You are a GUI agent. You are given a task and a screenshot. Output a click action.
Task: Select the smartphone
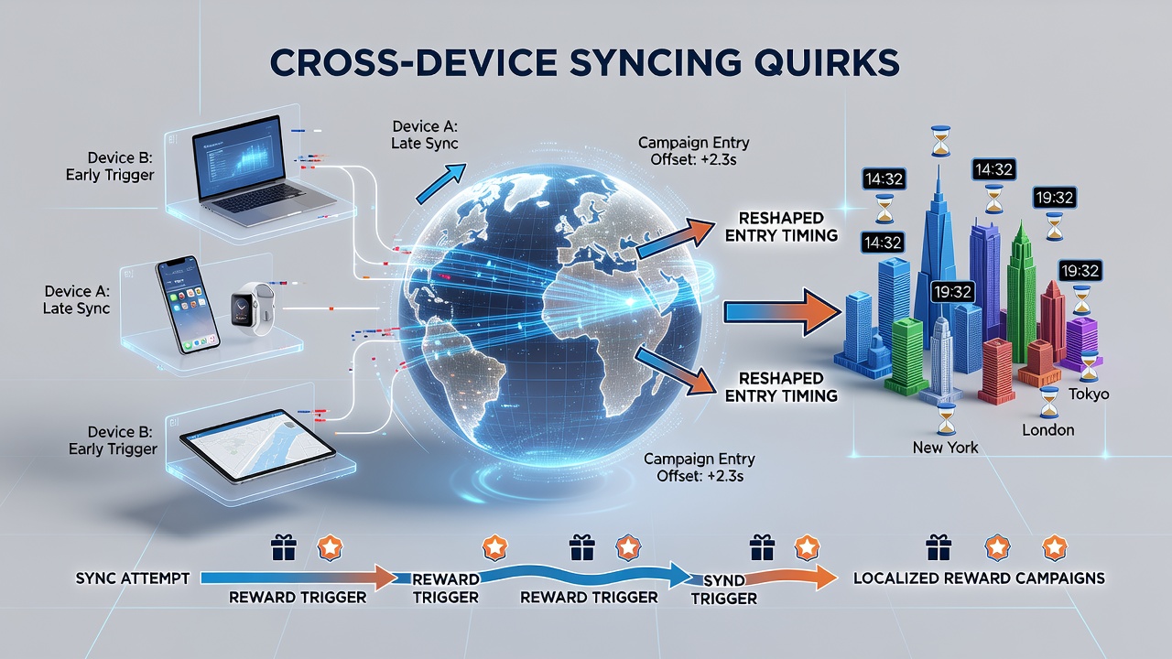188,305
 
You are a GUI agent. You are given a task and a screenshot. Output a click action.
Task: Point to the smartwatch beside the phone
254,308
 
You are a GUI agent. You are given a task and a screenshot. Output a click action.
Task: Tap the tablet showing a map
257,446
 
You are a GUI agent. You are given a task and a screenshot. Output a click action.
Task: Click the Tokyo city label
1089,394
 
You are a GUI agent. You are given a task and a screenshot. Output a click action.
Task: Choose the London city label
1048,430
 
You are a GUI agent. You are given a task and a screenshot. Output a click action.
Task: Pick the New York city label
945,448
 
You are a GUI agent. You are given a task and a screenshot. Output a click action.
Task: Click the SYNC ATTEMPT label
133,578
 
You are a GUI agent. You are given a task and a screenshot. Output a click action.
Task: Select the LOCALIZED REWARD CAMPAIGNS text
979,578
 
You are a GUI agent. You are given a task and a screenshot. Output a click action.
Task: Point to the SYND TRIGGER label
724,589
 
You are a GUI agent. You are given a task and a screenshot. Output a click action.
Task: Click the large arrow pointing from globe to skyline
783,313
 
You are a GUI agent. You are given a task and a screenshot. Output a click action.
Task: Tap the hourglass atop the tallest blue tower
940,141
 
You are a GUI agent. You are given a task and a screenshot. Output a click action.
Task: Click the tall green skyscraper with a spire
1021,293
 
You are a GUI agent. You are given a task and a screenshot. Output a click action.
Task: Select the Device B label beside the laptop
110,167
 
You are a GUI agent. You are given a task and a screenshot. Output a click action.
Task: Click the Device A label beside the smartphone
76,299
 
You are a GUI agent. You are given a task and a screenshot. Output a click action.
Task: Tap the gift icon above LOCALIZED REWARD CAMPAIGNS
939,547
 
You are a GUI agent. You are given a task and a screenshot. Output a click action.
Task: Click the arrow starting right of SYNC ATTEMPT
299,578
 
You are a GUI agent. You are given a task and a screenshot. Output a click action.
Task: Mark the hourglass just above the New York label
946,419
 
